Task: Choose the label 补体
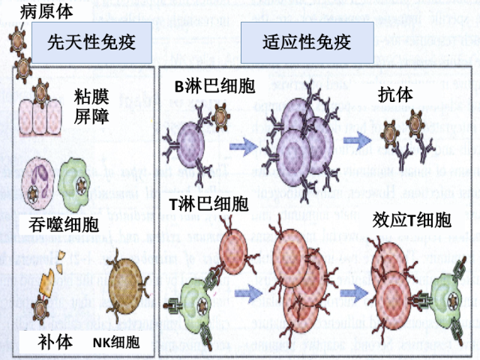click(55, 341)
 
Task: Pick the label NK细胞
click(116, 343)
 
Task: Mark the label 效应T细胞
click(411, 220)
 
